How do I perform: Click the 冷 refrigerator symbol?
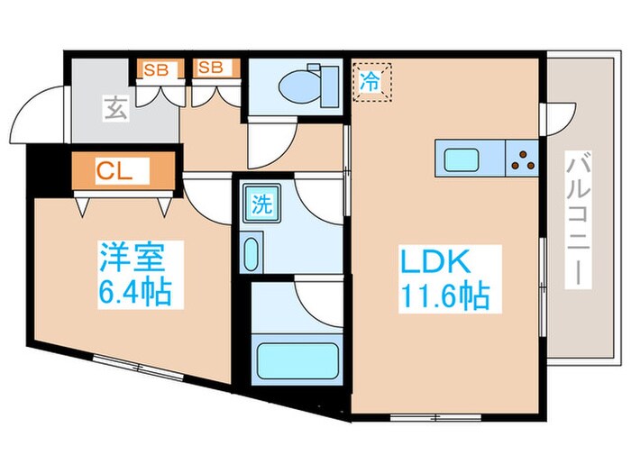pyautogui.click(x=370, y=79)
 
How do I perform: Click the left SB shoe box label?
pyautogui.click(x=156, y=67)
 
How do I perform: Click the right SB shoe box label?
pyautogui.click(x=212, y=67)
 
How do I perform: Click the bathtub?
pyautogui.click(x=298, y=360)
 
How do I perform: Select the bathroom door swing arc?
pyautogui.click(x=321, y=303)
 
